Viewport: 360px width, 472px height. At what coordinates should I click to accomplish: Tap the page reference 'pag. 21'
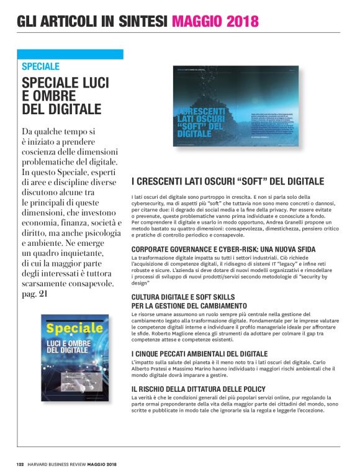click(x=35, y=294)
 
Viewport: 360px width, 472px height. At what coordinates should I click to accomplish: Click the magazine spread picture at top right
click(x=235, y=105)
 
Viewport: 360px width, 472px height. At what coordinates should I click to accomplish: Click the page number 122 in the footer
click(x=20, y=463)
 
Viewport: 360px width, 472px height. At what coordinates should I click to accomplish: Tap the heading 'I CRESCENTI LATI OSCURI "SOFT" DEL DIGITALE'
click(x=228, y=181)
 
